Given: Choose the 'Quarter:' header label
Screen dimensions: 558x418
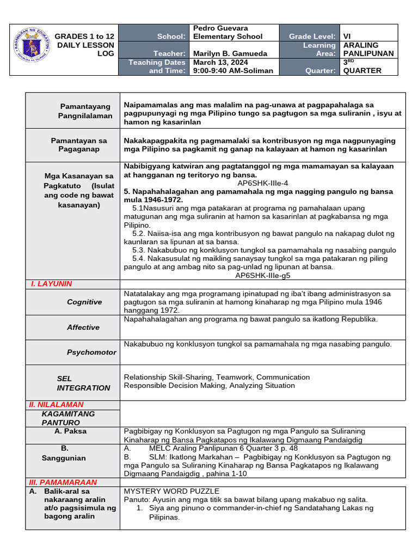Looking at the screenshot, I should coord(320,71).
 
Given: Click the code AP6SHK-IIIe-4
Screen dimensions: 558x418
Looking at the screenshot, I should coord(262,184).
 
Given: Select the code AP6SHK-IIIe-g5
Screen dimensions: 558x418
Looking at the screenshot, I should coord(262,275).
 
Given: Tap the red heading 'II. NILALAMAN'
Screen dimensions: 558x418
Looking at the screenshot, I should coord(56,404).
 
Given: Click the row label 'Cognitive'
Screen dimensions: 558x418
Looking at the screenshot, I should coord(84,302).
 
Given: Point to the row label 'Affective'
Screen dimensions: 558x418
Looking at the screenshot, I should coord(83,327).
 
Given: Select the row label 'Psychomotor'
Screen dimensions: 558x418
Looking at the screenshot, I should coord(91,353).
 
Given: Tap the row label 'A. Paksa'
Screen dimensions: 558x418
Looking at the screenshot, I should coord(70,431).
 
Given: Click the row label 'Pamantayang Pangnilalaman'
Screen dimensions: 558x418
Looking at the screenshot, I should coord(85,111).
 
